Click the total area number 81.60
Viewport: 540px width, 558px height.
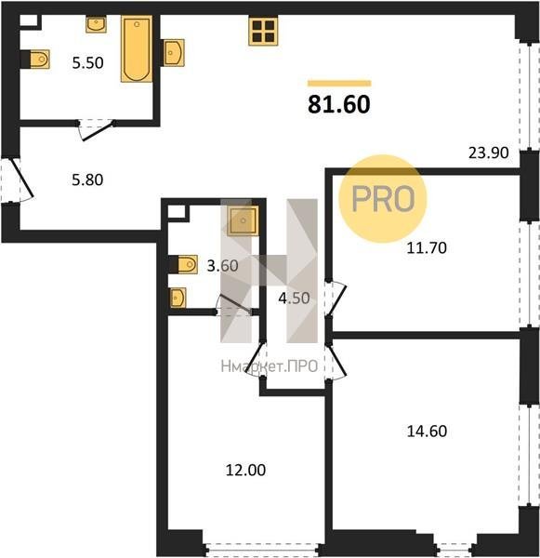pos(339,104)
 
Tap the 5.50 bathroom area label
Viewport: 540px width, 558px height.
pos(88,63)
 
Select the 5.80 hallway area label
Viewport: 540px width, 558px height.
pos(87,179)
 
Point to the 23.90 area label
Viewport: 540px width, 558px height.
pos(489,153)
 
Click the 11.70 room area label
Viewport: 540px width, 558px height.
pos(427,247)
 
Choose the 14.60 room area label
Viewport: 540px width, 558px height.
pos(427,431)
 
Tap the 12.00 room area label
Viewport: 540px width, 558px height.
pos(245,470)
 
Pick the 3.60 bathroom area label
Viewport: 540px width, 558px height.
pos(223,265)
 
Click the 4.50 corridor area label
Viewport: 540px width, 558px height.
pos(294,299)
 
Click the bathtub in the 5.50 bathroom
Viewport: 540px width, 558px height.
pos(137,48)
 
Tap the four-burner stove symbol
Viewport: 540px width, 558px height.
pos(263,32)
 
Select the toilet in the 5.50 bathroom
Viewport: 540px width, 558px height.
pos(35,60)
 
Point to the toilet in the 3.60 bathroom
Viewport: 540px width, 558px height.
pos(183,264)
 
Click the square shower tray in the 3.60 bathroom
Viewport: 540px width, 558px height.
pos(243,221)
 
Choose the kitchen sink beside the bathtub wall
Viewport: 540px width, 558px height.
pos(173,53)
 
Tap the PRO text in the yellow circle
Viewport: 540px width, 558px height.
pos(383,199)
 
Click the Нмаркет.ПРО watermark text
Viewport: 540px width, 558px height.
pos(270,366)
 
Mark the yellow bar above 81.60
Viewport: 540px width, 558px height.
pos(339,84)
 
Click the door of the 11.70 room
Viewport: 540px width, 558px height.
pos(336,299)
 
